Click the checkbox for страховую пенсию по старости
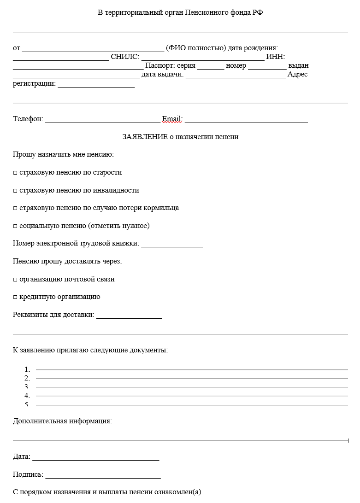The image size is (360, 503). pyautogui.click(x=15, y=173)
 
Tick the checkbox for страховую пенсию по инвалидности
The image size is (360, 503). pyautogui.click(x=15, y=191)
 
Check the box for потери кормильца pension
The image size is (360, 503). pyautogui.click(x=15, y=208)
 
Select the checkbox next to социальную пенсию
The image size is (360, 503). pyautogui.click(x=15, y=226)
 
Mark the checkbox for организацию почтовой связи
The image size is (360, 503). pyautogui.click(x=15, y=280)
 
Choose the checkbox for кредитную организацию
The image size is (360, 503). pyautogui.click(x=15, y=297)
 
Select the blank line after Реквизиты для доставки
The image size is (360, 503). pyautogui.click(x=129, y=316)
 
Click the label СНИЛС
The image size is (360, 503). pyautogui.click(x=124, y=57)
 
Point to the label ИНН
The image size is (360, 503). pyautogui.click(x=275, y=57)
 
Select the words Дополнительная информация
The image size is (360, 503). pyautogui.click(x=62, y=421)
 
